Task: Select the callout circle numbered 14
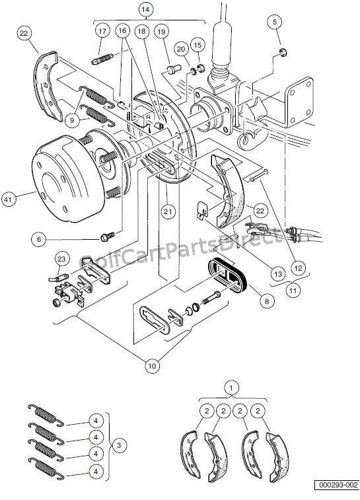[x=146, y=9]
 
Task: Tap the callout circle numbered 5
[x=275, y=22]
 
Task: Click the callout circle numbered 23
[x=61, y=258]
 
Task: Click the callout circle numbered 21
[x=167, y=211]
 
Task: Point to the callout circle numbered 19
[x=161, y=31]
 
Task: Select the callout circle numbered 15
[x=198, y=44]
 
